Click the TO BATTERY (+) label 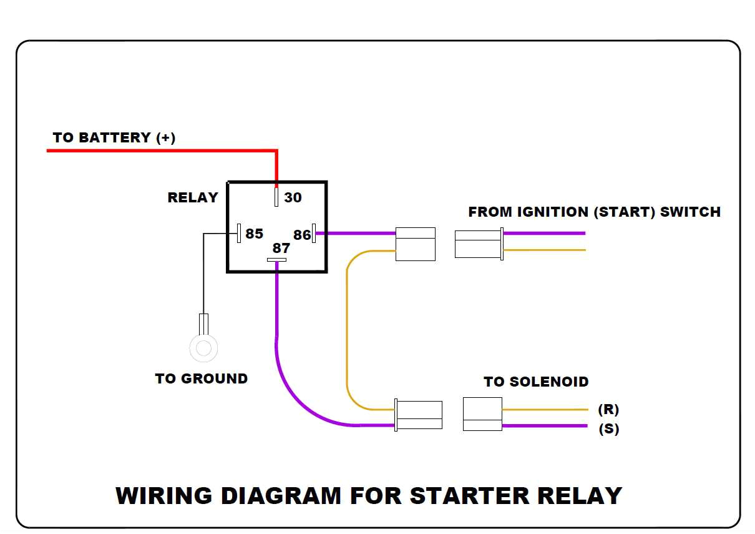pyautogui.click(x=114, y=137)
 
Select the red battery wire pyautogui.click(x=162, y=151)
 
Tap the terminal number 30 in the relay pyautogui.click(x=293, y=197)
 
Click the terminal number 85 pyautogui.click(x=254, y=234)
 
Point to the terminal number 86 pyautogui.click(x=302, y=235)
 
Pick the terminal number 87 pyautogui.click(x=281, y=248)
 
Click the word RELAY pyautogui.click(x=193, y=197)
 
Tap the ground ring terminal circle pyautogui.click(x=203, y=348)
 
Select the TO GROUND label pyautogui.click(x=201, y=378)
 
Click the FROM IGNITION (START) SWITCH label pyautogui.click(x=594, y=212)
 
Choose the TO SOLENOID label pyautogui.click(x=536, y=382)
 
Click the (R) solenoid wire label pyautogui.click(x=608, y=410)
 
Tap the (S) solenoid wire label pyautogui.click(x=608, y=429)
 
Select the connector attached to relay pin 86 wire pyautogui.click(x=416, y=244)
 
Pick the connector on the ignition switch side pyautogui.click(x=479, y=244)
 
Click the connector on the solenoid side pyautogui.click(x=482, y=414)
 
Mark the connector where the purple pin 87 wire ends pyautogui.click(x=419, y=415)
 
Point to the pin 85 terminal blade pyautogui.click(x=239, y=233)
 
